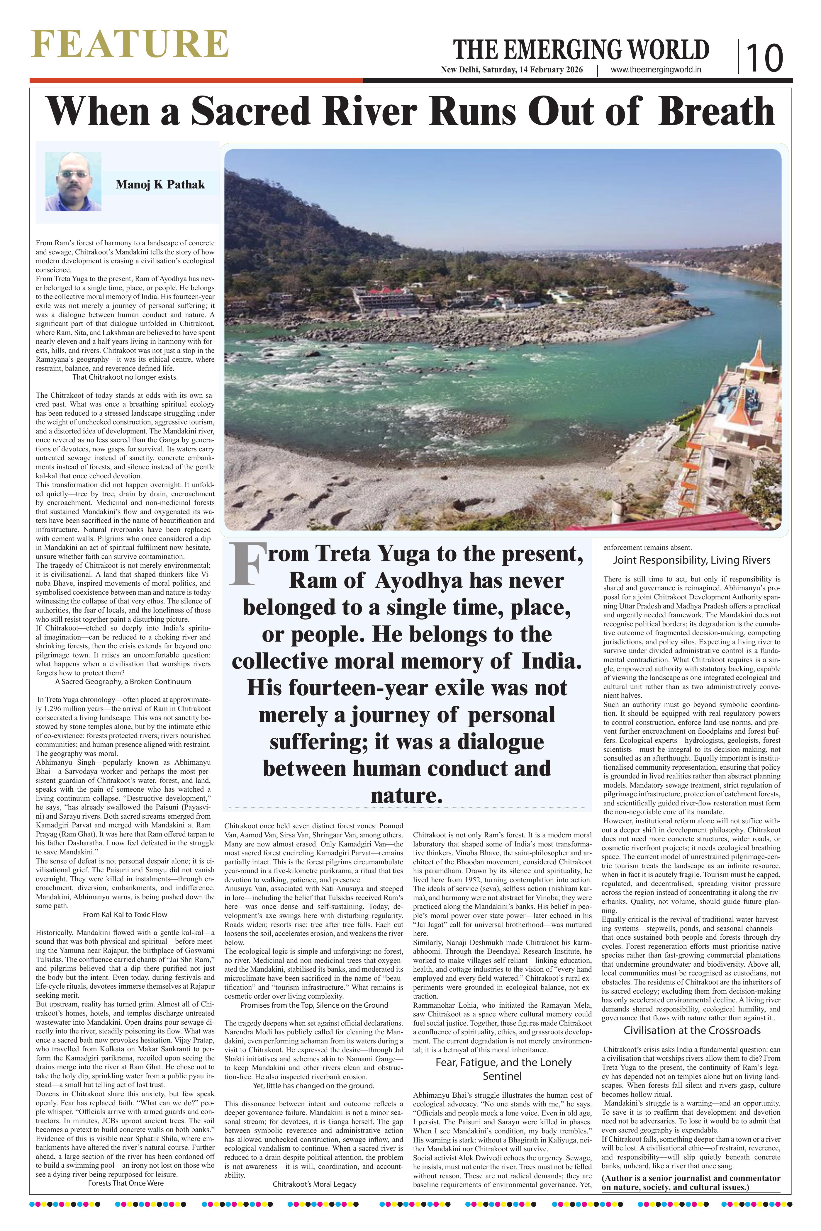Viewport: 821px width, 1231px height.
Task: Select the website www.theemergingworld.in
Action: click(656, 70)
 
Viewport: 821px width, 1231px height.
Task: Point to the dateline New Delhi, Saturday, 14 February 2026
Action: click(512, 70)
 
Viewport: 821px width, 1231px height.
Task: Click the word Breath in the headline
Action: click(716, 111)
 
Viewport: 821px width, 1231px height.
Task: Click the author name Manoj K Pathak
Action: click(160, 185)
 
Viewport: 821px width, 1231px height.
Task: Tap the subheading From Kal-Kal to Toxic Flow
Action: click(125, 914)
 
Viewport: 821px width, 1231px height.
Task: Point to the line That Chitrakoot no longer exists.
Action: click(125, 377)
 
